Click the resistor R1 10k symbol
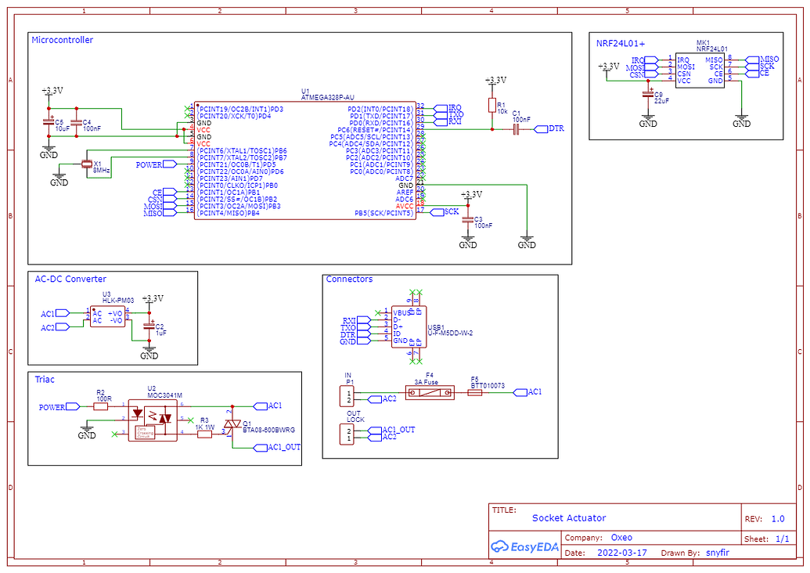click(492, 106)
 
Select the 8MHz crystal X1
click(86, 164)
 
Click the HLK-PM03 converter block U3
click(107, 315)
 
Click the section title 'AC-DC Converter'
click(70, 279)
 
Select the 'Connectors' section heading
click(349, 279)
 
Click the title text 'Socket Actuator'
click(569, 517)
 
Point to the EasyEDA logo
click(525, 546)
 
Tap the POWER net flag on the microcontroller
click(151, 164)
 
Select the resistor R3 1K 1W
click(205, 433)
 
